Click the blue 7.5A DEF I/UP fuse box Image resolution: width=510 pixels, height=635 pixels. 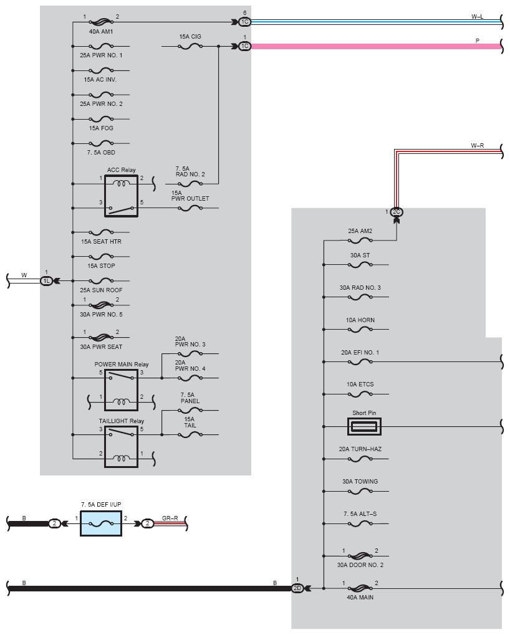point(101,523)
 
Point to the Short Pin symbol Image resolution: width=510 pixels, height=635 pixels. point(364,426)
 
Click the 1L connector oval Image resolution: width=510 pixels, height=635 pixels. point(47,280)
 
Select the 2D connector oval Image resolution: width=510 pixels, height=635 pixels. point(297,588)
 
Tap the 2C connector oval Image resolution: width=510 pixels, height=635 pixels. point(397,212)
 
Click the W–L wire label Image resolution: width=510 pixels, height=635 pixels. point(477,17)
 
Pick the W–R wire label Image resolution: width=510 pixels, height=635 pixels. point(477,145)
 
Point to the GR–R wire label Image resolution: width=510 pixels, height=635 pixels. point(170,518)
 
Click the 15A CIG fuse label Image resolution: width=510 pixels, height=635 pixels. point(190,36)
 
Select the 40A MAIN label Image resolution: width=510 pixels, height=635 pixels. point(360,598)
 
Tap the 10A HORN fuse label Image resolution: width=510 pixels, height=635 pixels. point(360,320)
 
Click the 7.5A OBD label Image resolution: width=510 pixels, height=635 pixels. point(101,153)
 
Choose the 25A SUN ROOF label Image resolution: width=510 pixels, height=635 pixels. point(101,290)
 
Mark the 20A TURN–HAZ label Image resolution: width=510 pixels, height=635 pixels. point(360,449)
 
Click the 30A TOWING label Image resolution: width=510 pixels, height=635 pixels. point(360,482)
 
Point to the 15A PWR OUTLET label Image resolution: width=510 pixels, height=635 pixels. point(190,196)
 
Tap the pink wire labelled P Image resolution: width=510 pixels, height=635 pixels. point(376,46)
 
